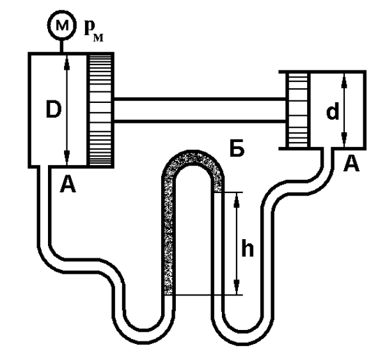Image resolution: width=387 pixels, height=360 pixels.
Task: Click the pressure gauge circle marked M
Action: (61, 25)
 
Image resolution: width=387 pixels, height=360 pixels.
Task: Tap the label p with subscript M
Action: (93, 31)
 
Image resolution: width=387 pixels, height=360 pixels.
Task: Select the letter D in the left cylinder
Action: (54, 110)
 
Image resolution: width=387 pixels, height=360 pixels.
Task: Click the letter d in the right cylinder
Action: (333, 111)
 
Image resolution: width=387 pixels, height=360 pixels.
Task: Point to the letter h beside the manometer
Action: (248, 247)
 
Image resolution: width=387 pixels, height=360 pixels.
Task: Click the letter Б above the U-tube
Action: (237, 148)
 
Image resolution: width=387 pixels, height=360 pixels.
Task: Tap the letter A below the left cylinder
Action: (68, 184)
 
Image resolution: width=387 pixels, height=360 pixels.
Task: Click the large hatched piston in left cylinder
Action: (100, 110)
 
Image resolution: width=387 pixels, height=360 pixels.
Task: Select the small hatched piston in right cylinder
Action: (298, 110)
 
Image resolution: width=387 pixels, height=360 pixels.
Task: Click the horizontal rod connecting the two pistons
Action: (200, 110)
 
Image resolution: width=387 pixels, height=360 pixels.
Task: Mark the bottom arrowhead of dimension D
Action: (67, 157)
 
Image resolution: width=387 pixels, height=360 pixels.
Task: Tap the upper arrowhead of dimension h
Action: (237, 200)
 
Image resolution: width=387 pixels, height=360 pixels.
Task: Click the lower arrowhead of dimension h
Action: (237, 287)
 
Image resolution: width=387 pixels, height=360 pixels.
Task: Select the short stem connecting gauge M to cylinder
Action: (61, 45)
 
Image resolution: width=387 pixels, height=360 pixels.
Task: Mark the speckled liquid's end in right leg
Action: (218, 191)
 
